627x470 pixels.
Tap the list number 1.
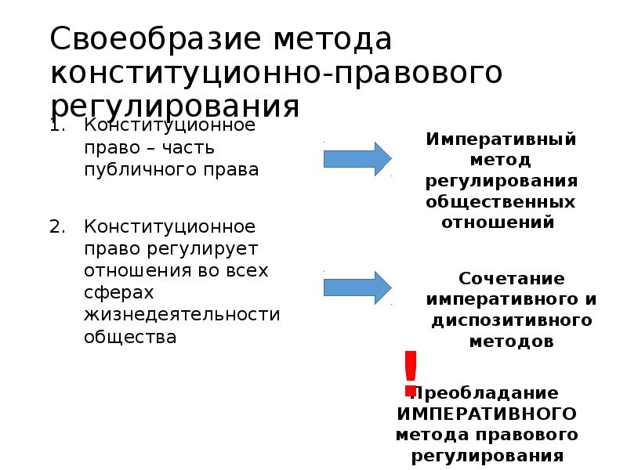point(54,125)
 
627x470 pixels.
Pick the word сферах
point(115,293)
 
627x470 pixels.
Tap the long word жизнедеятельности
point(182,315)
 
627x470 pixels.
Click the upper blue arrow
point(357,159)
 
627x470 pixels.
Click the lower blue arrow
point(357,287)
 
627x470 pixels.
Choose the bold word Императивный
point(502,139)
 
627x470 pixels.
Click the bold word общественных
point(501,201)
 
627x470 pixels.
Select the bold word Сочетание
point(511,279)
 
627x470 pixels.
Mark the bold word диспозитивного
point(511,321)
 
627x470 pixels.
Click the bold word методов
point(511,342)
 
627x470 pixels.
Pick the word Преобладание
point(486,392)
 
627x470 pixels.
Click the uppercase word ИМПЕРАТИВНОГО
point(487,413)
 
